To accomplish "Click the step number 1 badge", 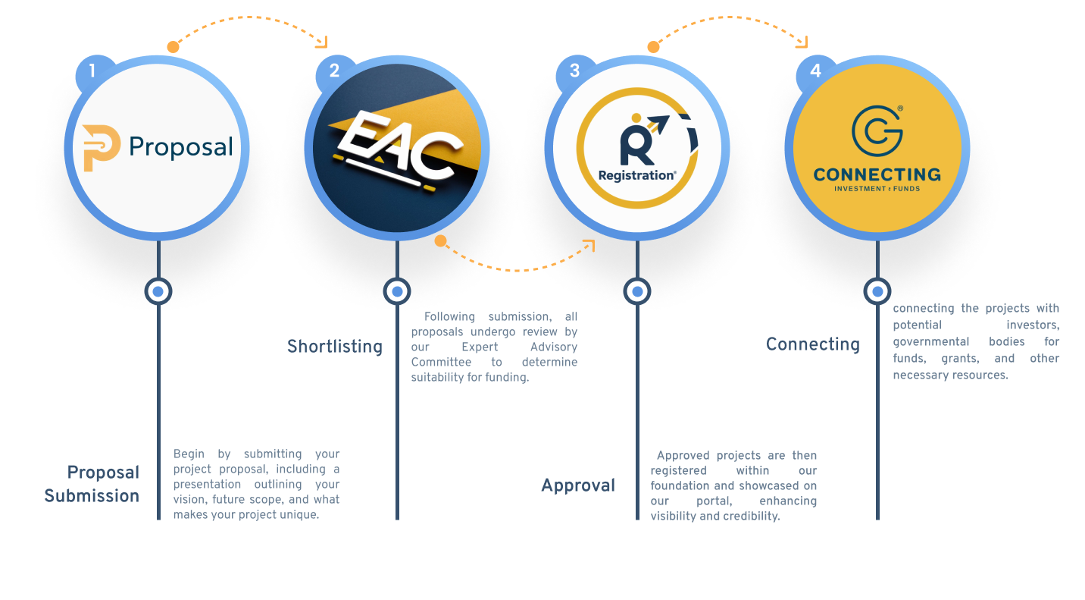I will coord(92,72).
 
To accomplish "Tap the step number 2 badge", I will coord(334,71).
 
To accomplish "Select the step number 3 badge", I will coord(574,71).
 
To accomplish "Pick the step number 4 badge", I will coord(815,71).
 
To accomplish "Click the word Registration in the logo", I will coord(636,175).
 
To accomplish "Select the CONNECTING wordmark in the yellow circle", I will coord(877,174).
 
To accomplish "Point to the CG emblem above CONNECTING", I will coord(877,129).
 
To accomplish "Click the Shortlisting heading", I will coord(335,347).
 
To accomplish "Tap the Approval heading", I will coord(578,485).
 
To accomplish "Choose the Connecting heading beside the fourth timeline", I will coord(813,344).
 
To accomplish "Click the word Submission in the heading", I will coord(92,496).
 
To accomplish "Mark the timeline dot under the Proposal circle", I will coord(158,291).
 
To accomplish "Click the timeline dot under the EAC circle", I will coord(397,291).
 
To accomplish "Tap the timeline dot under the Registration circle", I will coord(637,291).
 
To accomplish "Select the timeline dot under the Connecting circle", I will coord(877,291).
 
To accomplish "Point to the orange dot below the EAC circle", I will coord(440,241).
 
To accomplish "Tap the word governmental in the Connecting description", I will coord(930,341).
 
